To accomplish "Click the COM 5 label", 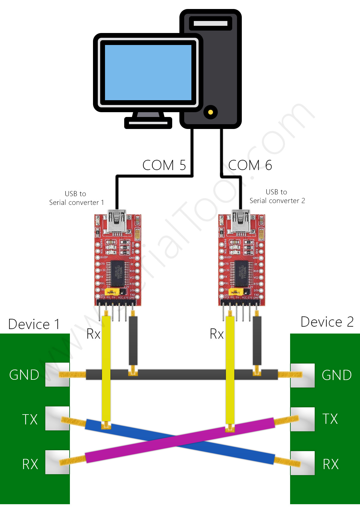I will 164,165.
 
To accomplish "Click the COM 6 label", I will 250,165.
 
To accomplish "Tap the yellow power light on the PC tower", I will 211,112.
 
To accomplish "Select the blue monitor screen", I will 148,73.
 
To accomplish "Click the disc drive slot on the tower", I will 211,23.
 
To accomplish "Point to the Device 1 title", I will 34,324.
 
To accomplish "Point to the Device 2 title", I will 327,322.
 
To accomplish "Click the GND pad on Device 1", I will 57,374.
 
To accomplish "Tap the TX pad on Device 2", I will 302,419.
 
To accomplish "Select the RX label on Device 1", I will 30,464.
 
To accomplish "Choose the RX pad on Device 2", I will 302,463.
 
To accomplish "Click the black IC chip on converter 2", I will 241,273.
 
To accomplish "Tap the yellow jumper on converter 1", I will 112,292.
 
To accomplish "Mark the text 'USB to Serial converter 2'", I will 277,196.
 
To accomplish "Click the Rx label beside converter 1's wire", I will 93,334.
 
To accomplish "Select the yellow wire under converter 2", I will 230,369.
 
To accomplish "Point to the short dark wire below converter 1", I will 133,340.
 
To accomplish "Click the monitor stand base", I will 148,123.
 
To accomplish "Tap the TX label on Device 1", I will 30,419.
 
